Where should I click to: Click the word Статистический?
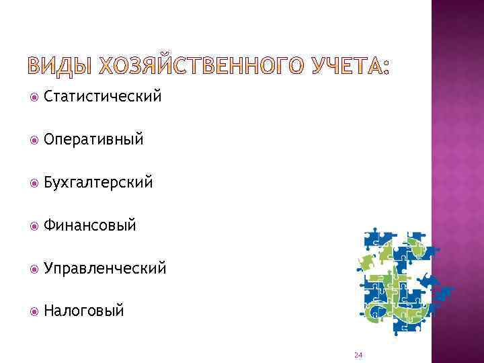[102, 97]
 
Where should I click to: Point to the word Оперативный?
[93, 140]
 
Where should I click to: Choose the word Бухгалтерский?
[98, 183]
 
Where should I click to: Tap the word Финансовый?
[90, 225]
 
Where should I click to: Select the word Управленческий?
[104, 268]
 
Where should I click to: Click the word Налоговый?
[84, 311]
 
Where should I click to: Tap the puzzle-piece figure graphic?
[400, 282]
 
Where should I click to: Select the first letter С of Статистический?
[48, 97]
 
